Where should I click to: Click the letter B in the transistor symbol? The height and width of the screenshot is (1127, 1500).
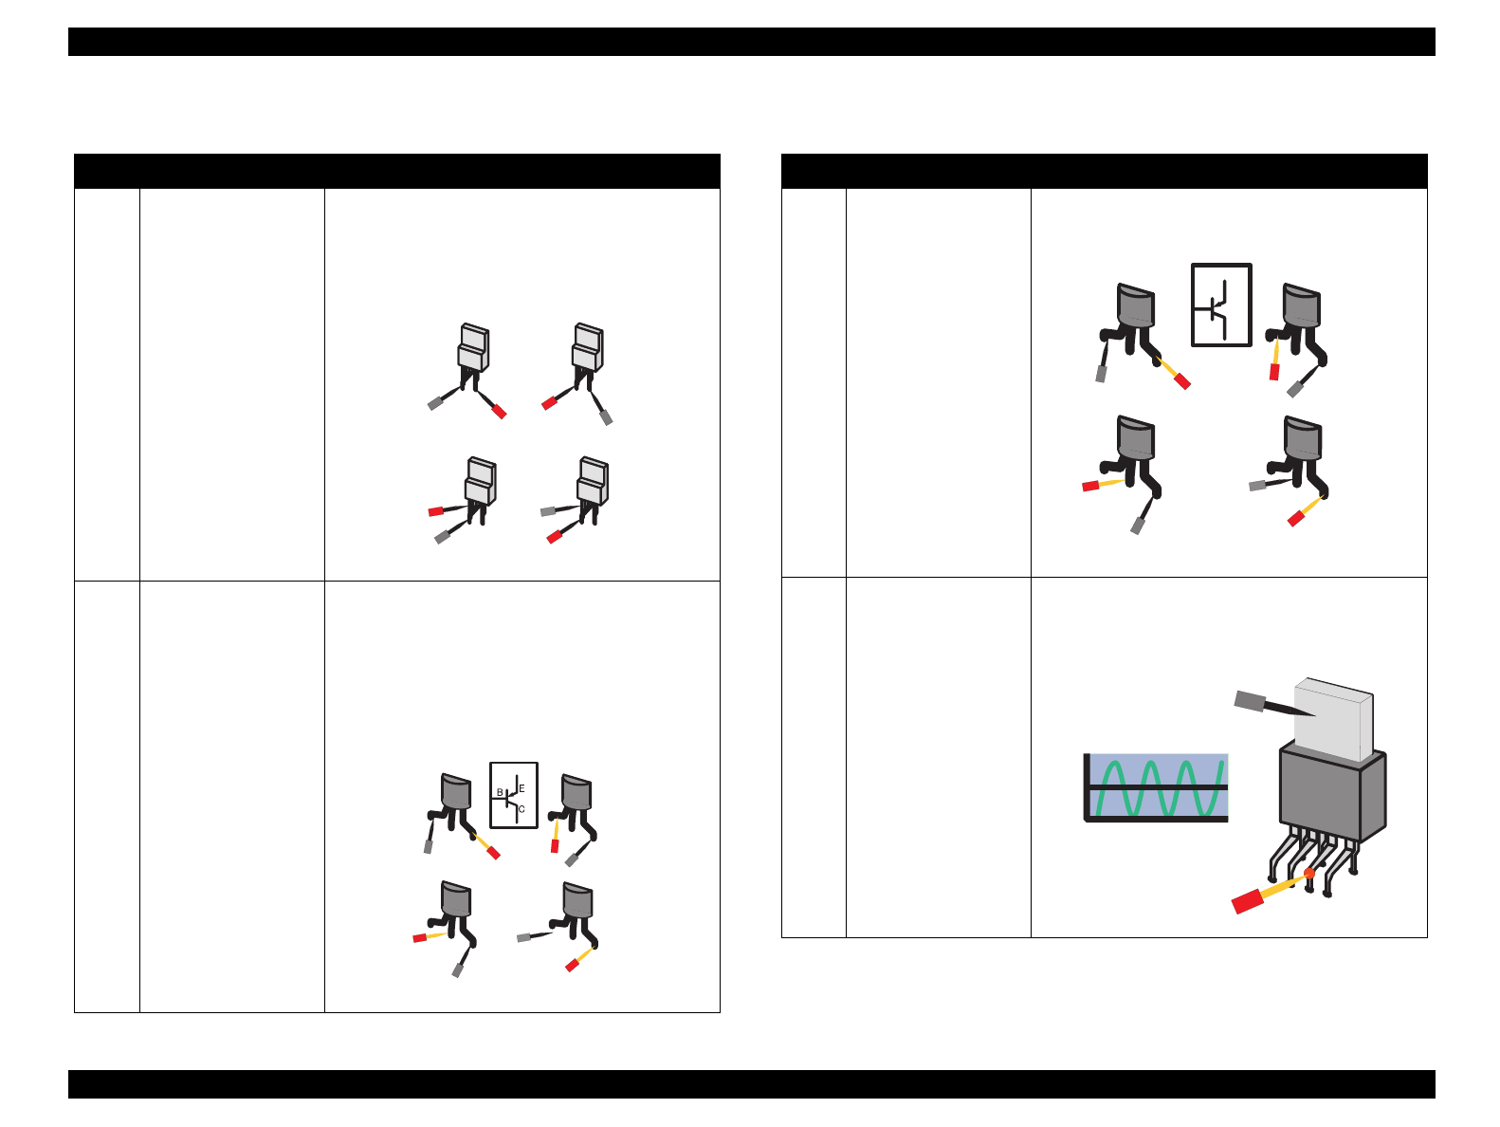pyautogui.click(x=500, y=792)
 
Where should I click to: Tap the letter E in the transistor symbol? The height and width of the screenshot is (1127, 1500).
pyautogui.click(x=521, y=788)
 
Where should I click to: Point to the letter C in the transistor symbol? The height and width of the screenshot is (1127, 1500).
pyautogui.click(x=521, y=809)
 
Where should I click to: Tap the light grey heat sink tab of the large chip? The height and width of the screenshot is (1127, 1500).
pyautogui.click(x=1332, y=719)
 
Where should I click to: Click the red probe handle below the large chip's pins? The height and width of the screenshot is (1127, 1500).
pyautogui.click(x=1247, y=901)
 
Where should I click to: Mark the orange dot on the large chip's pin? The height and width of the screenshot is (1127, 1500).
pyautogui.click(x=1308, y=873)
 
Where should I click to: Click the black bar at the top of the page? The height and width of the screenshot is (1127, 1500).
pyautogui.click(x=751, y=42)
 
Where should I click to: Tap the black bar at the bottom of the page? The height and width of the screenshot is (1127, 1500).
pyautogui.click(x=751, y=1084)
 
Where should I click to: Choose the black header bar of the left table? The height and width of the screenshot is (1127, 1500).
pyautogui.click(x=397, y=171)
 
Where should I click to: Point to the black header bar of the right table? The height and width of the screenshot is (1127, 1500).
pyautogui.click(x=1104, y=171)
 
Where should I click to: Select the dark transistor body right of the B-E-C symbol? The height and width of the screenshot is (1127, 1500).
pyautogui.click(x=576, y=792)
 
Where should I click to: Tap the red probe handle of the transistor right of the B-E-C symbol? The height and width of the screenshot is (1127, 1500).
pyautogui.click(x=555, y=846)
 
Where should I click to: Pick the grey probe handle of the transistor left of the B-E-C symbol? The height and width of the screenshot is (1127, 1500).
pyautogui.click(x=429, y=847)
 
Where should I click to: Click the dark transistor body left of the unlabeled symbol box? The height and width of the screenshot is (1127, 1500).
pyautogui.click(x=1135, y=305)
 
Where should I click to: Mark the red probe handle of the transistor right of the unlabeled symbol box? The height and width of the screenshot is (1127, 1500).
pyautogui.click(x=1273, y=372)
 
